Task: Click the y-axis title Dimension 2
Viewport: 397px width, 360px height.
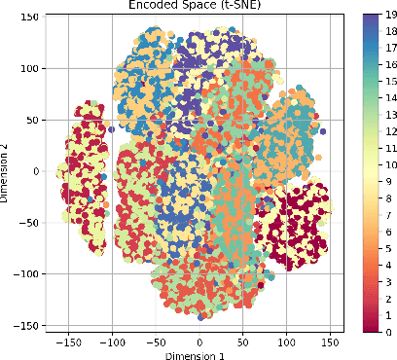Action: [7, 171]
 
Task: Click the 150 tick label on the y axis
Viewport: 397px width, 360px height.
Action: [35, 18]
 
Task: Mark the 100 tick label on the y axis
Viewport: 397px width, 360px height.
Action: [35, 69]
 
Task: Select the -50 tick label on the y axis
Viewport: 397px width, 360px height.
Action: [34, 223]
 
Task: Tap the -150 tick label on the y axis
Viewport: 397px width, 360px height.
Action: [31, 325]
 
